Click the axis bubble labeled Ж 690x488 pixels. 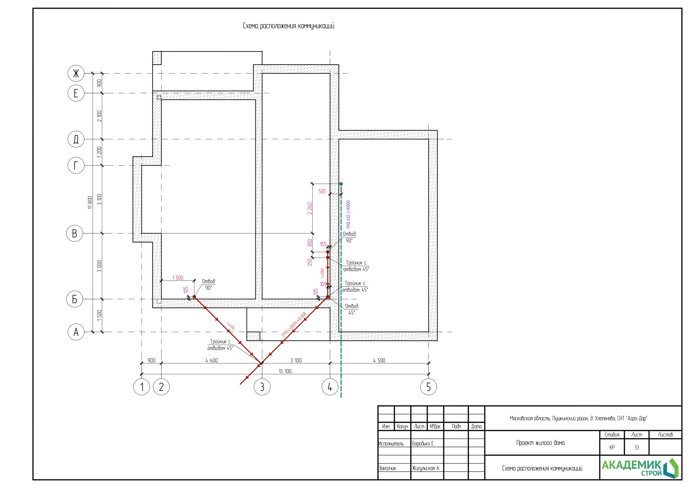(76, 73)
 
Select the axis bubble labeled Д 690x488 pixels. (76, 139)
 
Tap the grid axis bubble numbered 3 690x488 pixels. (262, 387)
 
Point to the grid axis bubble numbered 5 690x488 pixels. (429, 387)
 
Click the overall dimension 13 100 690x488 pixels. (285, 371)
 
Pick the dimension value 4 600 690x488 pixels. (212, 360)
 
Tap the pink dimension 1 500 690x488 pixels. (178, 277)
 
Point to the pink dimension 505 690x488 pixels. (322, 191)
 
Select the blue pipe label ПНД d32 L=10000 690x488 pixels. (348, 215)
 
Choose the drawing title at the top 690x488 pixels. (288, 26)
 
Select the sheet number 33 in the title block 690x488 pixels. (637, 448)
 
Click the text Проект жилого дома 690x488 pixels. (540, 443)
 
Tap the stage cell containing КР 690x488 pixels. (612, 448)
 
